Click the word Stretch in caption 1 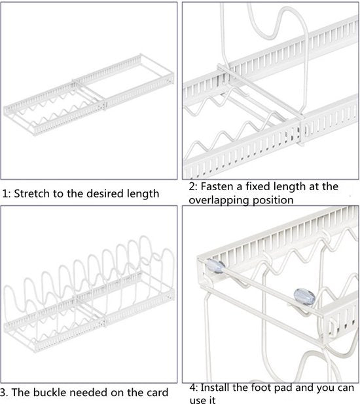tap(32, 193)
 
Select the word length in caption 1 tap(143, 194)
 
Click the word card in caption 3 tap(157, 392)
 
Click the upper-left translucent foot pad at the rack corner tap(216, 266)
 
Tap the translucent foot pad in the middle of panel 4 tap(304, 297)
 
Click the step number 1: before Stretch tap(7, 193)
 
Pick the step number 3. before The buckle tap(4, 393)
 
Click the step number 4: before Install tap(194, 388)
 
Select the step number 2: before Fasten tap(193, 186)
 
